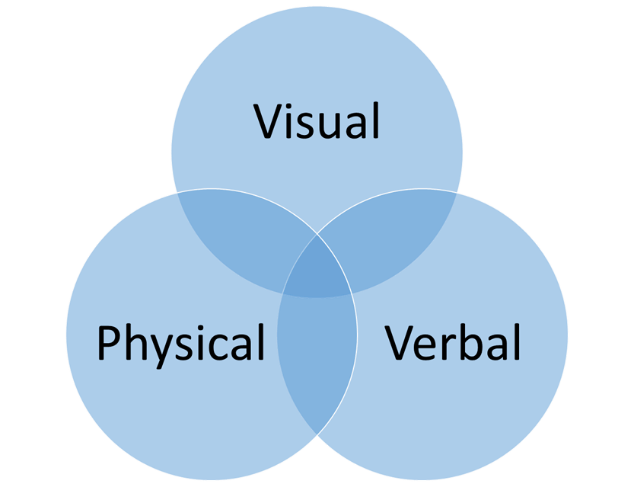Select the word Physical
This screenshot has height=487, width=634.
[180, 343]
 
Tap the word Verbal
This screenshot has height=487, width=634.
[453, 342]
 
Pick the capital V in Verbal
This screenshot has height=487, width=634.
[402, 342]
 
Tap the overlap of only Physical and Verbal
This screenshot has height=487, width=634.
[317, 366]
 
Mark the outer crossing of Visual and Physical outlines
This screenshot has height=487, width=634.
[177, 192]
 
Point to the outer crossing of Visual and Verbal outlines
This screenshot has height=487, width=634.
[456, 192]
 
